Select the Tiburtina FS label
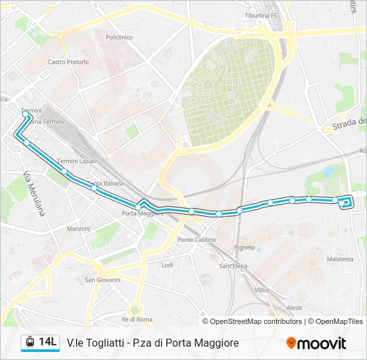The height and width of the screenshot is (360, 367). (261, 15)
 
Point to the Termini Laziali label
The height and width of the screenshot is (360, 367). (77, 161)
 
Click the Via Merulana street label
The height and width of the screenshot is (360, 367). (33, 194)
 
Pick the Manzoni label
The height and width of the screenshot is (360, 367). (78, 229)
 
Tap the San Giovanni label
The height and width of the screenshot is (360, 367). (103, 280)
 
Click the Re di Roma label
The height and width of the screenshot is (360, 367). (137, 319)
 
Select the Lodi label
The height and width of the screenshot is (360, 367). (167, 265)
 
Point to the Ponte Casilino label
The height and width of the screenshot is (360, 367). (197, 240)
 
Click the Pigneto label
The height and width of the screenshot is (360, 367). (244, 247)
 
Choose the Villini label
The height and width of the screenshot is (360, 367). (262, 290)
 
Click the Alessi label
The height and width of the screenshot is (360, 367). (294, 307)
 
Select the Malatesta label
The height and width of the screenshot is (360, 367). (340, 259)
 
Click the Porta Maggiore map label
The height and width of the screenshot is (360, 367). (143, 213)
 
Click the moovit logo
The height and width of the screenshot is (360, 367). (316, 343)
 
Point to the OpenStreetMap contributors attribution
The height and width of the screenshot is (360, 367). (256, 321)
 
